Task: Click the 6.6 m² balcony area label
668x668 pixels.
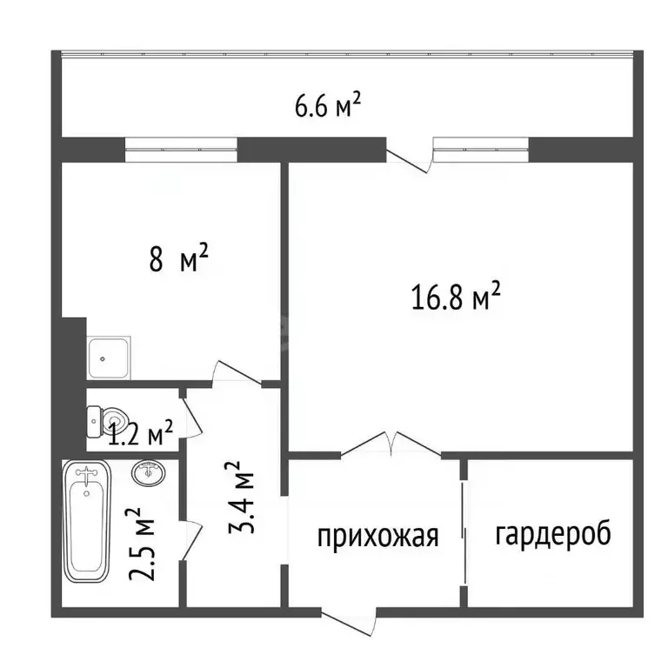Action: click(x=328, y=108)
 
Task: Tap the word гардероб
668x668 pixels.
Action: click(x=553, y=532)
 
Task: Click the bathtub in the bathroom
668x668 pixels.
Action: click(x=86, y=525)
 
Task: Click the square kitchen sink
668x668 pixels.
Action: click(x=110, y=357)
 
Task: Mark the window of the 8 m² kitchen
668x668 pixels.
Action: click(x=182, y=150)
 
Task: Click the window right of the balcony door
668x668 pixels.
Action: click(x=482, y=150)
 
